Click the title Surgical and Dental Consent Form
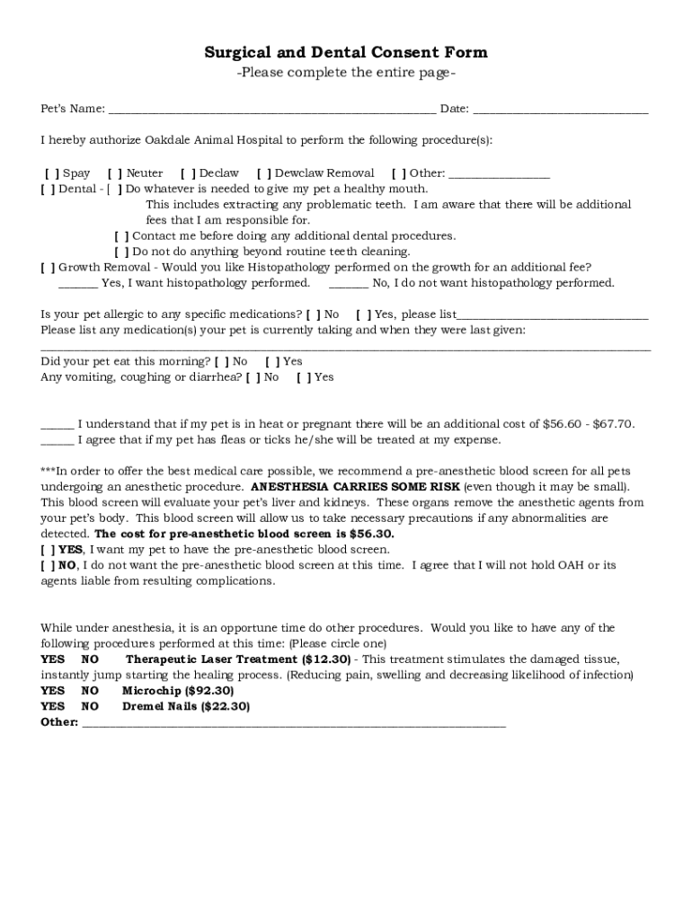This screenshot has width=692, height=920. tap(346, 53)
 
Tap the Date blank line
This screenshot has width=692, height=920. tap(560, 111)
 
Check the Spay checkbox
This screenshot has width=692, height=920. tap(53, 173)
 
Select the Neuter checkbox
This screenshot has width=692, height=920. tap(115, 173)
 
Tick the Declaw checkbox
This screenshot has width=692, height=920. tap(188, 173)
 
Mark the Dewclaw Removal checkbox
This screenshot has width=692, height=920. tap(264, 173)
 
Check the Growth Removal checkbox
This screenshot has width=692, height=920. tap(48, 268)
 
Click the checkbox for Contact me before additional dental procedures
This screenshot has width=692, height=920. tap(121, 236)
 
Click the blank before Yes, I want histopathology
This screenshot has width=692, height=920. tap(78, 284)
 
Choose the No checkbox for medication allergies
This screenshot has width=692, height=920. tap(313, 315)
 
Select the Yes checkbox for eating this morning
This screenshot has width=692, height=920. tap(272, 362)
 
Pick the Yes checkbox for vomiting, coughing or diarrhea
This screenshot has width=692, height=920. tap(304, 377)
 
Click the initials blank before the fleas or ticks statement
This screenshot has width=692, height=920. tap(58, 441)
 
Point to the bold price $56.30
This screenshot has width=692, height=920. tap(371, 534)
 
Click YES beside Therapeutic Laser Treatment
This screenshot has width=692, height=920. tap(53, 659)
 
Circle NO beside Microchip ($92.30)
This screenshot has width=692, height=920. tap(90, 691)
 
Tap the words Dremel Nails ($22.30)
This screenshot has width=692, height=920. tap(186, 707)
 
